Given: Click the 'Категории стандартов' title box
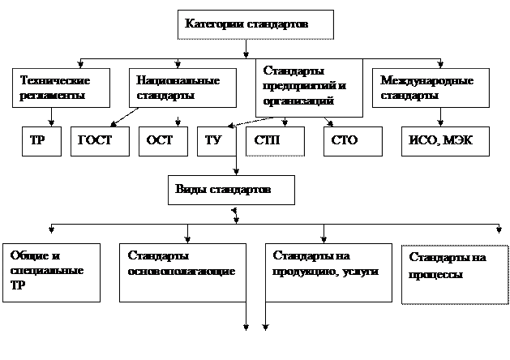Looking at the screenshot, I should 255,24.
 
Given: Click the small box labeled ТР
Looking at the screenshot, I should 39,140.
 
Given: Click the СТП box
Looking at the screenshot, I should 275,140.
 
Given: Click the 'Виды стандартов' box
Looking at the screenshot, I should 232,190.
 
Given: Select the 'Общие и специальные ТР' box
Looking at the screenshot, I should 51,272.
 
